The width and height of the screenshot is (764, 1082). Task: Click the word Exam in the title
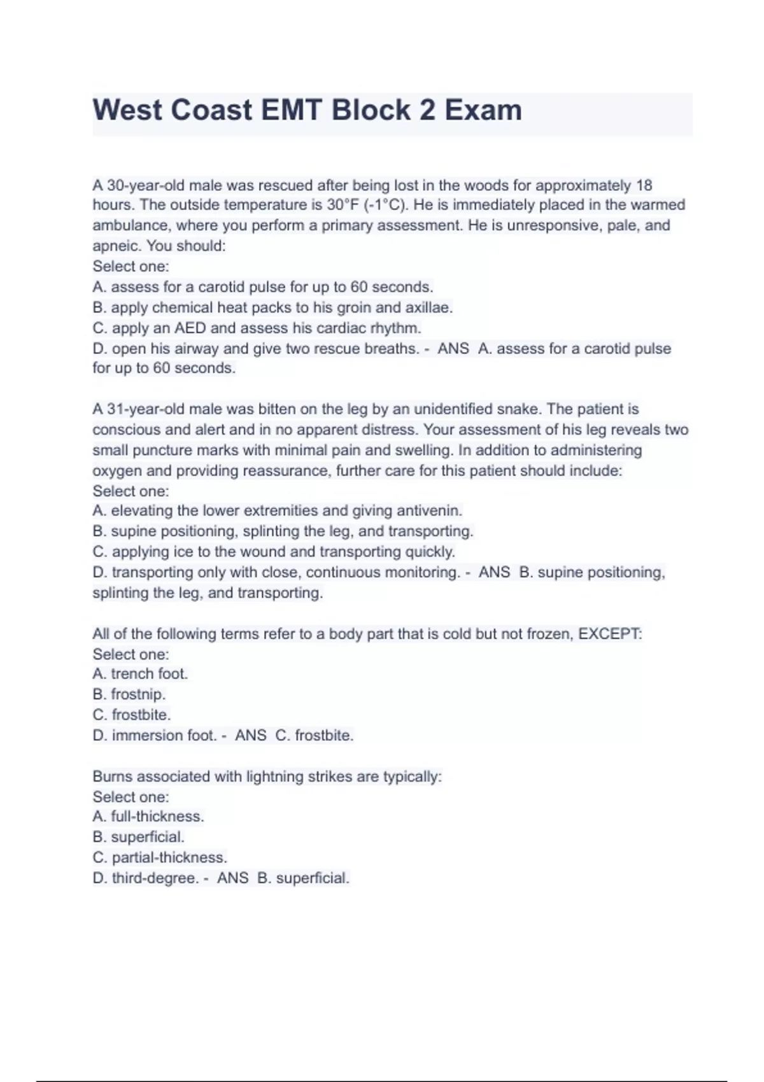(483, 110)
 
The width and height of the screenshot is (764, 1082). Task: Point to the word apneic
(117, 246)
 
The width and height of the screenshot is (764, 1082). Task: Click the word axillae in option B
(428, 308)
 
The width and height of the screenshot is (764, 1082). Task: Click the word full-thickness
(157, 817)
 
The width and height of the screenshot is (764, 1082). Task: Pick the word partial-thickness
(169, 858)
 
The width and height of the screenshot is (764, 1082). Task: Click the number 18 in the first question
(644, 185)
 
